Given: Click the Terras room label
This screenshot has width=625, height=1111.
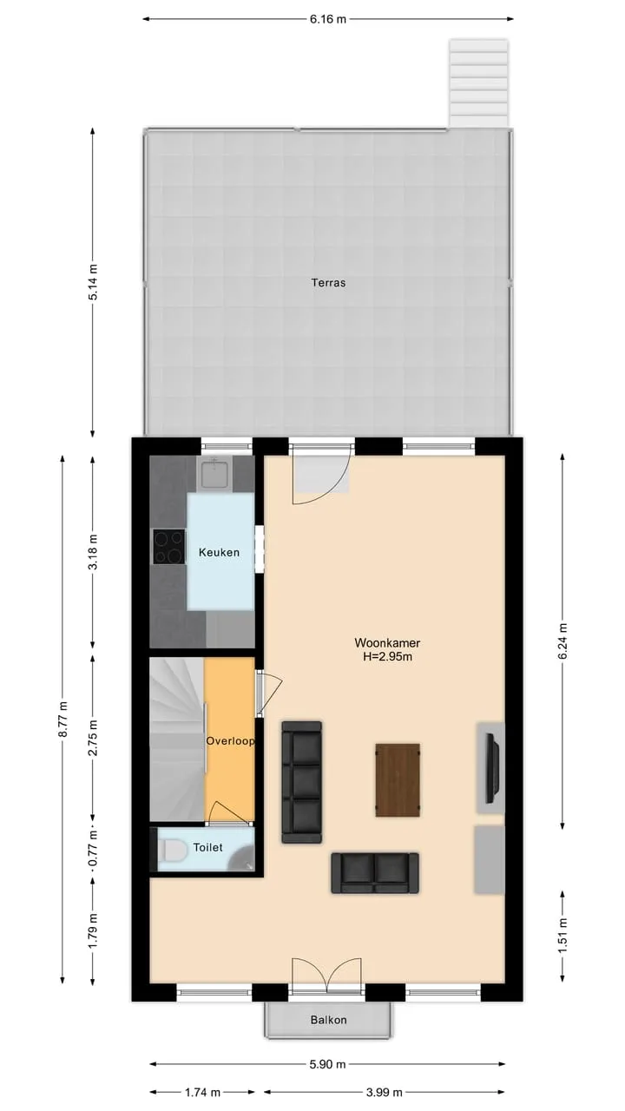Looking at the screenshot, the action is coord(328,283).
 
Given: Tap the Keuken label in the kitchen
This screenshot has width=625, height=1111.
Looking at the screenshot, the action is coord(219,552).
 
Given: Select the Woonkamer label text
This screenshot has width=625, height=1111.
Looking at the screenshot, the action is coord(387,643).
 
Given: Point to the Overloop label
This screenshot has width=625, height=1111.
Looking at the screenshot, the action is coord(230,741).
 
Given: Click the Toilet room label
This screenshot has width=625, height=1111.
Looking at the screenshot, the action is coord(207,848).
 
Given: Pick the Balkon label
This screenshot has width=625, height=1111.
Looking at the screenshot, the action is coord(328,1020).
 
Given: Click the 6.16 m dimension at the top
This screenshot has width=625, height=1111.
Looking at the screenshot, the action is coord(328,19).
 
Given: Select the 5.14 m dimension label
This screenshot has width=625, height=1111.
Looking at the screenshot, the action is coord(93,282).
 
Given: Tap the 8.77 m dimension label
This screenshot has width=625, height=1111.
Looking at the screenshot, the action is coord(63,720).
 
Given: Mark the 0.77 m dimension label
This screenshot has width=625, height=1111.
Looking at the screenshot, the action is coord(93,849).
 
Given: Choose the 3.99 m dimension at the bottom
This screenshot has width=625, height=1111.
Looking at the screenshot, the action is coord(384,1092).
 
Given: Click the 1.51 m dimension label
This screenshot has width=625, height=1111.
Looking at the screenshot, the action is coord(562,935).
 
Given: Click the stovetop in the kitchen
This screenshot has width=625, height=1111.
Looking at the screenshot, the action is coord(169,547).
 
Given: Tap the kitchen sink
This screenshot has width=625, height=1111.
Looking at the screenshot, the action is coord(214,473).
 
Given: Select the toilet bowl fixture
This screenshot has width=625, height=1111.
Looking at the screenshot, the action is coord(171,850).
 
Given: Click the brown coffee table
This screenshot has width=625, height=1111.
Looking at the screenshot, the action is coord(398,780).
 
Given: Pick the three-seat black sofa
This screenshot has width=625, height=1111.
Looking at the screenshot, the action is coord(301,783).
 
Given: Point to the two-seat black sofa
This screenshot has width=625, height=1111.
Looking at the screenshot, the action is coord(375,873).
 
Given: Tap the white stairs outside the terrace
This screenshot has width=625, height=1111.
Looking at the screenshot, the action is coord(479,83).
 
